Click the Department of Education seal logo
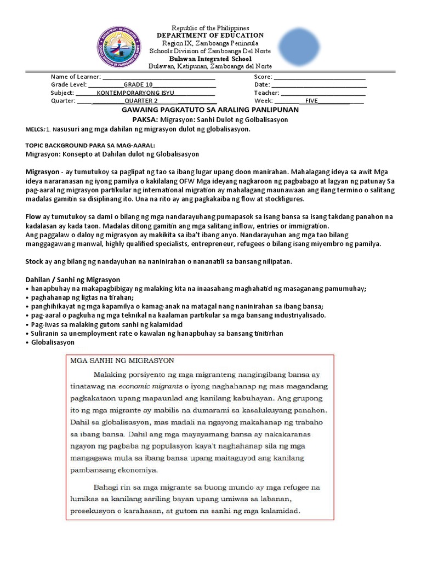coord(119,46)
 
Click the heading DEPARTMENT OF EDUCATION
coord(210,36)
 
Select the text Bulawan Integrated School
coord(210,59)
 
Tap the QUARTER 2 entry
coord(141,101)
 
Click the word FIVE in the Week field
coord(311,101)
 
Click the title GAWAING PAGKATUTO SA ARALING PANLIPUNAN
coord(210,110)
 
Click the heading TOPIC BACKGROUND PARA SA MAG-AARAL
coord(90,146)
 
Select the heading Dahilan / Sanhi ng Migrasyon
coord(72,279)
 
